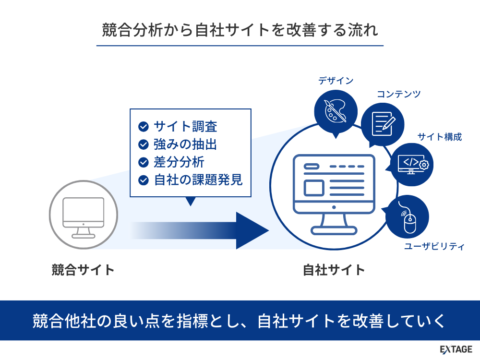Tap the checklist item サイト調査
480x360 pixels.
185,127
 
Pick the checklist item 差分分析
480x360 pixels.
179,162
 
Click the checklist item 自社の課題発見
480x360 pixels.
198,180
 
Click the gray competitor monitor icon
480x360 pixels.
83,218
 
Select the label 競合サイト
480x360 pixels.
83,270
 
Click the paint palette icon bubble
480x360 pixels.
336,112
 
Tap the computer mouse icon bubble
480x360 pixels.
408,217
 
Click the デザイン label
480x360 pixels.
336,81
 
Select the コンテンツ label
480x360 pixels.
398,94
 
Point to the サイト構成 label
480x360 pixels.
439,137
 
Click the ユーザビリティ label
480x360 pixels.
434,247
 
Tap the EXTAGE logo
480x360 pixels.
456,349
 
